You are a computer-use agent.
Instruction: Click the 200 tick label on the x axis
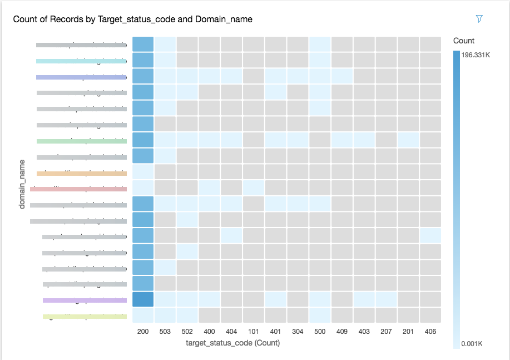coord(143,332)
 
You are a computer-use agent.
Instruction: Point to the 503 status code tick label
coord(165,332)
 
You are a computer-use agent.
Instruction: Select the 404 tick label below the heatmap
coord(231,332)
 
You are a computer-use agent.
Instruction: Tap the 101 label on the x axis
coord(254,332)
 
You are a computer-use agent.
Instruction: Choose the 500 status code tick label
coord(320,332)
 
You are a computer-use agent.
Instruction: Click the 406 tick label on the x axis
coord(430,332)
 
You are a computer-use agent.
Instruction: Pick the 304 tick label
coord(298,332)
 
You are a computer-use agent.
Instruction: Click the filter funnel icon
coord(479,19)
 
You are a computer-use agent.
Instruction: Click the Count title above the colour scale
coord(464,41)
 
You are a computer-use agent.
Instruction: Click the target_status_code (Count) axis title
coord(232,343)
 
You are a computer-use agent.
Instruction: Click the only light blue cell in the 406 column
coord(430,236)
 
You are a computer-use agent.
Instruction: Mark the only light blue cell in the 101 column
coord(254,188)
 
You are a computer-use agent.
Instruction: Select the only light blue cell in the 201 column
coord(408,140)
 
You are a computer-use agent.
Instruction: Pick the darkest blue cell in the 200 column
coord(143,300)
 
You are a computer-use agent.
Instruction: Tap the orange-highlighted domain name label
coord(81,173)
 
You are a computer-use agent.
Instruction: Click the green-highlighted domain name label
coord(81,141)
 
